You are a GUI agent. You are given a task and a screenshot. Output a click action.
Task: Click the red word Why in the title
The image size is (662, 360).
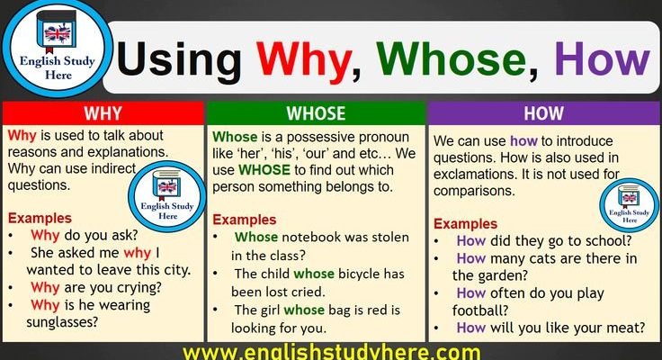304,60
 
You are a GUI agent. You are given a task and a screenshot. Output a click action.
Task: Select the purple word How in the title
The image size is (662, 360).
602,58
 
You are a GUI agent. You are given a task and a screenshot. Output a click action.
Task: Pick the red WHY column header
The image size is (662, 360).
103,113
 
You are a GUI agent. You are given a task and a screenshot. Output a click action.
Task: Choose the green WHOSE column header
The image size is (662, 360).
316,113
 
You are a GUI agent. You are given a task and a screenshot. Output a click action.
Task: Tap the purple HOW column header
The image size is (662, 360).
544,113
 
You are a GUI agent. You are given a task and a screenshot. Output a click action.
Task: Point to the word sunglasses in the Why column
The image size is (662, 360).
62,323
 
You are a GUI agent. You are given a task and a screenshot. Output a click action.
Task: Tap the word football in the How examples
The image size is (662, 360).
480,310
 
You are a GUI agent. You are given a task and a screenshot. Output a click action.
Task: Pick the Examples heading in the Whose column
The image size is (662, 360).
245,220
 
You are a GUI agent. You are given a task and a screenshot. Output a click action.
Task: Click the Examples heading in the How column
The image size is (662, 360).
465,223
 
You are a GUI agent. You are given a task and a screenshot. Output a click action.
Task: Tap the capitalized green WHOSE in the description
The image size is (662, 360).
264,170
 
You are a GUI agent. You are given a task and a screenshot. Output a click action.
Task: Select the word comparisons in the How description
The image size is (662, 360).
474,191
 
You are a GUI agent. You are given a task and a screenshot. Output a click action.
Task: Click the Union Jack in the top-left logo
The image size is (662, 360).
58,34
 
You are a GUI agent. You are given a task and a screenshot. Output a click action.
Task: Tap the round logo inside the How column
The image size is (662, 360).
629,205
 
